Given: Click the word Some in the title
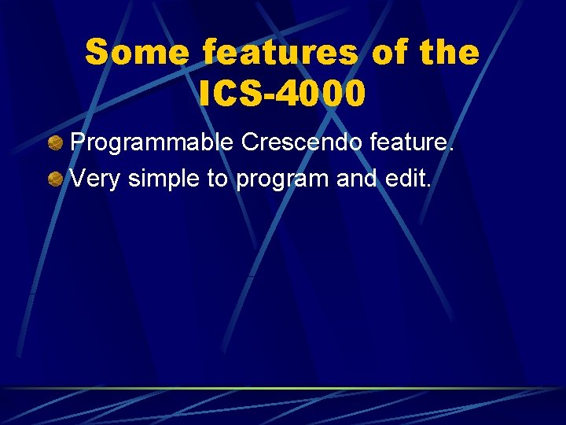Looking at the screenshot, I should click(x=137, y=54).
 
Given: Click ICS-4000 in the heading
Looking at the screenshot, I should click(x=282, y=94).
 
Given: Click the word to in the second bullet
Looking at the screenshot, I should click(x=218, y=179).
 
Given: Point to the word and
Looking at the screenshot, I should click(x=356, y=179).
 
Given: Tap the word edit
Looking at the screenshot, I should click(x=407, y=179).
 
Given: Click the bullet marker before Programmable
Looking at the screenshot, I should click(x=55, y=143).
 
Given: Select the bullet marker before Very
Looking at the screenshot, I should click(x=55, y=179).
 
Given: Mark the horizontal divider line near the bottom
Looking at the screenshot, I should click(x=283, y=388).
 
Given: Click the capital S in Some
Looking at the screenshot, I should click(x=97, y=54).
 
